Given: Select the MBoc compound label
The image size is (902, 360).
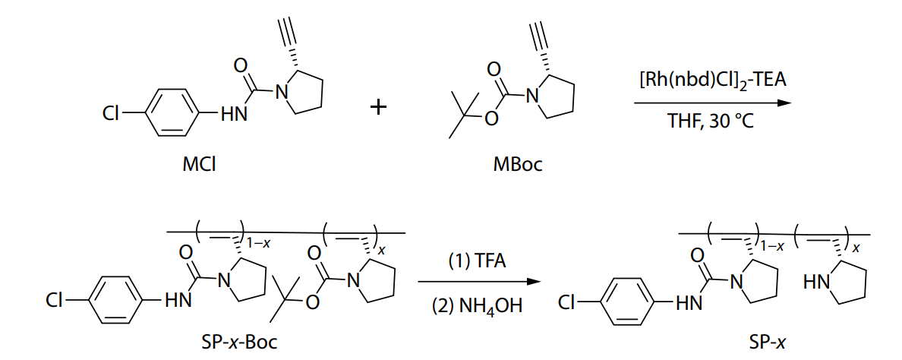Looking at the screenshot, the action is (x=517, y=166).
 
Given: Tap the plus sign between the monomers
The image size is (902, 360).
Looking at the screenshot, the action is (x=378, y=108).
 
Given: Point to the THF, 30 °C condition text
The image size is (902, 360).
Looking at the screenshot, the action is (x=711, y=122).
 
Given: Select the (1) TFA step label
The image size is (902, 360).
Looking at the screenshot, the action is (x=477, y=262).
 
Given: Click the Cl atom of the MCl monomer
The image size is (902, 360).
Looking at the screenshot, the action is (x=111, y=115).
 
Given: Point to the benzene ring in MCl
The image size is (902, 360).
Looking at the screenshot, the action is (x=169, y=114).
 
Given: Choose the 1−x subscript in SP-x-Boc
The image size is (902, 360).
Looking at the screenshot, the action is (x=258, y=244).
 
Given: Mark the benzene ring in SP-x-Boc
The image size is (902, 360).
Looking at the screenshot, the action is (x=115, y=301).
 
